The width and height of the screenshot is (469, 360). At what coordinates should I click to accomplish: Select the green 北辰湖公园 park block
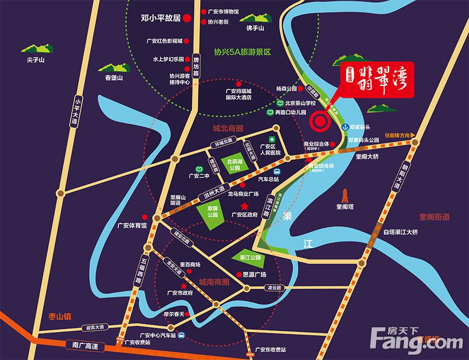(x=233, y=165)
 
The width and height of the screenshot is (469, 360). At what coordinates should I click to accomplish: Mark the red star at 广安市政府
(x=183, y=286)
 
